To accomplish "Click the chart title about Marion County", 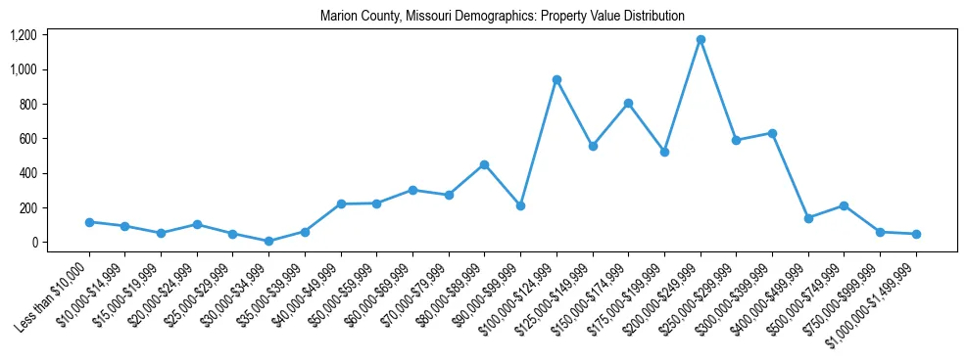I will tap(502, 17).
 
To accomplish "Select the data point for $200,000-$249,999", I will tap(701, 40).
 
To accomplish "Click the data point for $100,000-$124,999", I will tap(556, 80).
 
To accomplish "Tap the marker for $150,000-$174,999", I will tap(628, 104).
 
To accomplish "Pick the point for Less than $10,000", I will tap(89, 222).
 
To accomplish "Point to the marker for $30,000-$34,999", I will tap(268, 241).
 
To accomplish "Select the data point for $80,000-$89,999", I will tap(484, 165).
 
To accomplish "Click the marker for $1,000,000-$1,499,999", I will tap(916, 234).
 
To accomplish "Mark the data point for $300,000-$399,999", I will tap(772, 133).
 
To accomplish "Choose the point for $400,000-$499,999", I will tap(808, 218).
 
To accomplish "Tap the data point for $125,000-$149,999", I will tap(593, 146).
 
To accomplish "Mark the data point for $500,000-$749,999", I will tap(844, 205).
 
